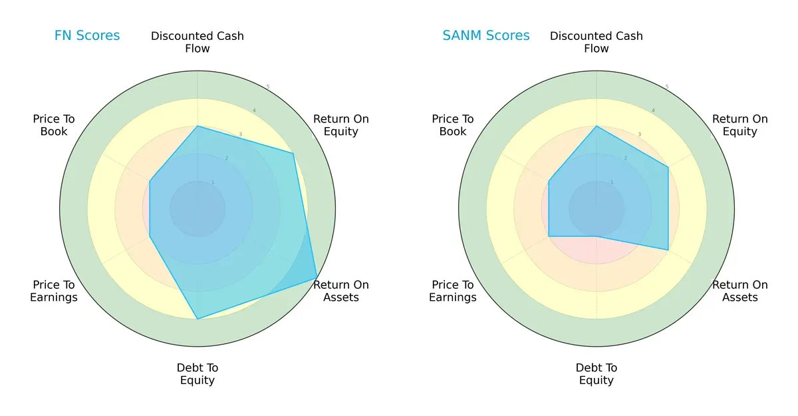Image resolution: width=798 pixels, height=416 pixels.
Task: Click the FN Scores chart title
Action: [87, 35]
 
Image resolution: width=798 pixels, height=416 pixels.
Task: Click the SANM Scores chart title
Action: [486, 35]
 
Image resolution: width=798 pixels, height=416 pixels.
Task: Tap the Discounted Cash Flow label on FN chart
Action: [198, 42]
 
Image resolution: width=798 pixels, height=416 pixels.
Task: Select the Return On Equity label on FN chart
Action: [340, 125]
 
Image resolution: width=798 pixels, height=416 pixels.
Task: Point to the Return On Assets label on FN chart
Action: [340, 291]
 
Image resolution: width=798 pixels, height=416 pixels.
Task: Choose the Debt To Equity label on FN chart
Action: [198, 374]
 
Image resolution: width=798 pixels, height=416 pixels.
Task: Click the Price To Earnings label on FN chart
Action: [54, 291]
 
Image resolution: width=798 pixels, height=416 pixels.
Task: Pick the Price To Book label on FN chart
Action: [54, 125]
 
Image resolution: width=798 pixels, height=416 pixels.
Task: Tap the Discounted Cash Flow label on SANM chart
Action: [597, 42]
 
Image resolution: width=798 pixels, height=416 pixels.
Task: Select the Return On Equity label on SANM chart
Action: [739, 125]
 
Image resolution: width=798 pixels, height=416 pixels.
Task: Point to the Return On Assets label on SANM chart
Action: [739, 291]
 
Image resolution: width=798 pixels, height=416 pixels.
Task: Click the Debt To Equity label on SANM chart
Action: [597, 374]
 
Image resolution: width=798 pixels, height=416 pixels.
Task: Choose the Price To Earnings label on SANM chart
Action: [453, 291]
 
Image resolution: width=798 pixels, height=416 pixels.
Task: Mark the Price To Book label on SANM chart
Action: [453, 125]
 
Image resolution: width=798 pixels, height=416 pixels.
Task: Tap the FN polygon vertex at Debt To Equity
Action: [198, 319]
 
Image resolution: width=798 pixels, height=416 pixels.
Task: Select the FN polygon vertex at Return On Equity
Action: [293, 153]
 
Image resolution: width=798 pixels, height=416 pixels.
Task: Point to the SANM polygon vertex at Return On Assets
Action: [668, 250]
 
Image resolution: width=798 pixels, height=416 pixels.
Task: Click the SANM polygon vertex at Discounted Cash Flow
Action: [597, 126]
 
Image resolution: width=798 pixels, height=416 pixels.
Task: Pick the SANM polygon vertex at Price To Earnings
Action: [549, 236]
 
